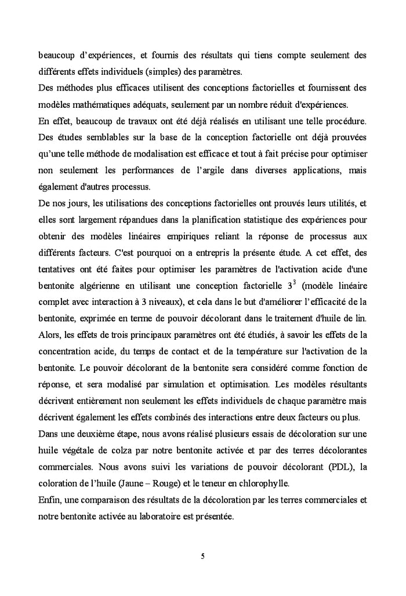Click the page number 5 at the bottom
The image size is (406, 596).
pyautogui.click(x=202, y=557)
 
